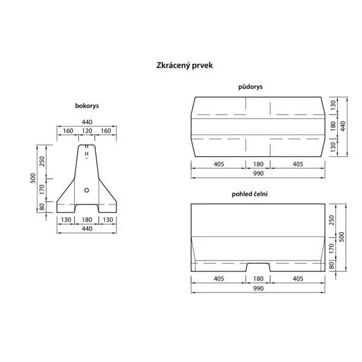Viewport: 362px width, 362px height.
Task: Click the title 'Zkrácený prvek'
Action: (181, 64)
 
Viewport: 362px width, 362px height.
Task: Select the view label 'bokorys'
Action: (87, 106)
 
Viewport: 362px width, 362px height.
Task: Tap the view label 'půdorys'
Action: (250, 87)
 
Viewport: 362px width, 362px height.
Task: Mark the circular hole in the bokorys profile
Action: (87, 190)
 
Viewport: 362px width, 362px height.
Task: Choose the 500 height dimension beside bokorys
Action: (35, 179)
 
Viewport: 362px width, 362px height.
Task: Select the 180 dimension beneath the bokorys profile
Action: (87, 220)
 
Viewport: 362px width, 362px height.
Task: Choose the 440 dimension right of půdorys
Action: (343, 125)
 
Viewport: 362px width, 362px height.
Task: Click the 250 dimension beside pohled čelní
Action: (332, 221)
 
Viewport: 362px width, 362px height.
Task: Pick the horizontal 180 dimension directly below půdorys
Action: (258, 164)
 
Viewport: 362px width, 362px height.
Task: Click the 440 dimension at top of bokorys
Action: (87, 121)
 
